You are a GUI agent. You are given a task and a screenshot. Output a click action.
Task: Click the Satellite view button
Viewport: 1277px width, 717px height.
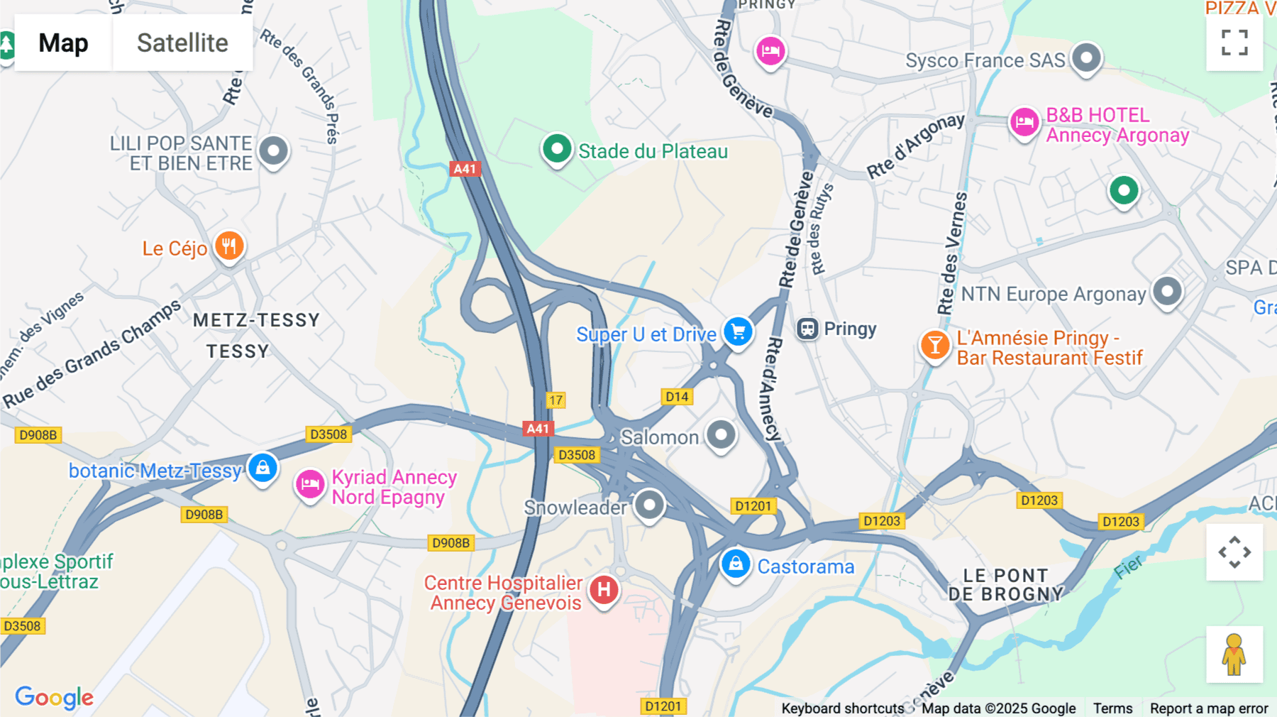click(x=182, y=43)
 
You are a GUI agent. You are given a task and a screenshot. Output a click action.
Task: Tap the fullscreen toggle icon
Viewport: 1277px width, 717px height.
click(x=1234, y=43)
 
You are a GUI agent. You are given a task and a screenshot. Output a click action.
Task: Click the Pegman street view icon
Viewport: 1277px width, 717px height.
click(x=1234, y=655)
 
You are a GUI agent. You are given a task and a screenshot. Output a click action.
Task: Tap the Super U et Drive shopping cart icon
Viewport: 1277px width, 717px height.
click(x=738, y=332)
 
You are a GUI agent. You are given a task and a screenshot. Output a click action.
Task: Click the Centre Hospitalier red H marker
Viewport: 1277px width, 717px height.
click(x=604, y=590)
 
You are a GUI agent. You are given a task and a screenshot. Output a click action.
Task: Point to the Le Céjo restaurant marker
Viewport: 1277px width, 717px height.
click(x=228, y=247)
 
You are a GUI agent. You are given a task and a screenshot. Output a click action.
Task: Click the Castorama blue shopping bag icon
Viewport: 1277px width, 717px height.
click(x=736, y=564)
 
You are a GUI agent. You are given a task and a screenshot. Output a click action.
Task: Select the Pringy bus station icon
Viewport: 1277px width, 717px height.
click(x=807, y=329)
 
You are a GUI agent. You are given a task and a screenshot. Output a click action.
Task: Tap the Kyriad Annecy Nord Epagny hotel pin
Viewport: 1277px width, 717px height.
click(x=310, y=485)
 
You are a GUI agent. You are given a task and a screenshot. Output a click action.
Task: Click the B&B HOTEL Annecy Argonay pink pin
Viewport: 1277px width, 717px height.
click(x=1024, y=123)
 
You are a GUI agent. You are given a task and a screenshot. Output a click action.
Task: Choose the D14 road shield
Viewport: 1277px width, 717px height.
click(x=677, y=397)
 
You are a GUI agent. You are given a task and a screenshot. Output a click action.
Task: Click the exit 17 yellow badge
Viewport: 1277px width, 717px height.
click(x=555, y=400)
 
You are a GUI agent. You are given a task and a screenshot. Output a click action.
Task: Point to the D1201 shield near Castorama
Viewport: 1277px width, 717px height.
click(x=753, y=506)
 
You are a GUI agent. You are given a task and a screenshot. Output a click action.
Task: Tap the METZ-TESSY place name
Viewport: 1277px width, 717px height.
click(x=256, y=320)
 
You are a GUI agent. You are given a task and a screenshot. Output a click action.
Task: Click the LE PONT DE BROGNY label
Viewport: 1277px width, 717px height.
click(x=1006, y=585)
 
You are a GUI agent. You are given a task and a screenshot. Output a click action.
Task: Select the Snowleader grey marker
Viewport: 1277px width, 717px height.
click(x=648, y=505)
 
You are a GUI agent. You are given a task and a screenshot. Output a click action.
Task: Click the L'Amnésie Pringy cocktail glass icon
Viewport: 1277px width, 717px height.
click(x=935, y=346)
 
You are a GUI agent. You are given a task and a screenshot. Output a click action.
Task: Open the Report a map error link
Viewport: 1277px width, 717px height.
click(x=1209, y=708)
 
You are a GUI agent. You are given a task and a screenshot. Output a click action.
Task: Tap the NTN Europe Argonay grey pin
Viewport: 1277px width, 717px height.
click(x=1167, y=291)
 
